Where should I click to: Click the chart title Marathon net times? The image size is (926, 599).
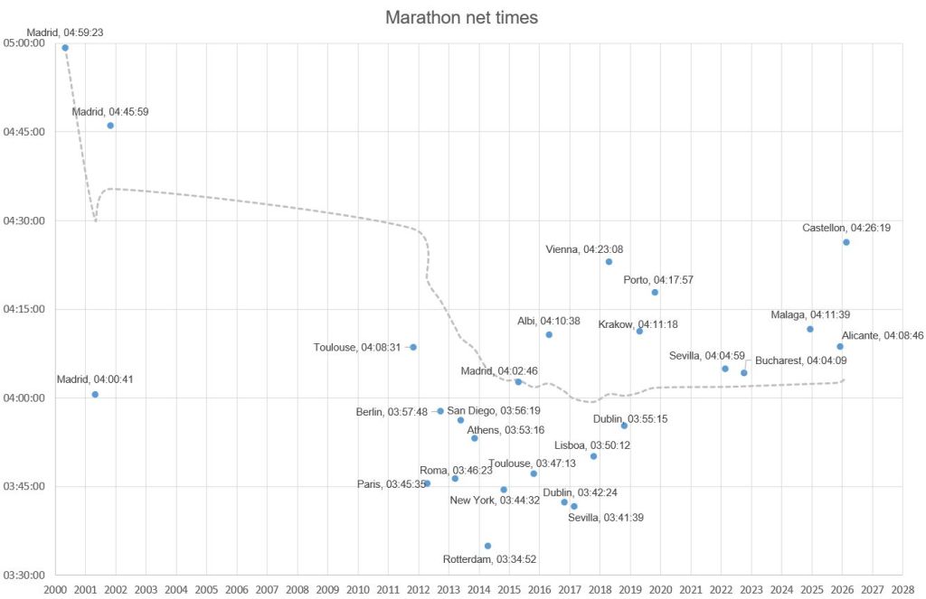pos(462,17)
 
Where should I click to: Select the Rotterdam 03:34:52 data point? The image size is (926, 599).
pos(488,546)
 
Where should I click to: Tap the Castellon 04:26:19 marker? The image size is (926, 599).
pos(846,242)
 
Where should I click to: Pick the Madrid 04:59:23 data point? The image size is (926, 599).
pos(65,48)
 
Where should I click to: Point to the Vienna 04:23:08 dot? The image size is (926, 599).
pos(609,262)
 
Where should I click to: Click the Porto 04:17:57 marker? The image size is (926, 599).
pos(655,293)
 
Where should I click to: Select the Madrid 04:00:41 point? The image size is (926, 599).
pos(95,395)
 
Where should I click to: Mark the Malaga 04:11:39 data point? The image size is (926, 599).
pos(810,329)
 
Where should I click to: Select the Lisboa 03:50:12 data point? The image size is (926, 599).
pos(593,456)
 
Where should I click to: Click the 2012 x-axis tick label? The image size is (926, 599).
pos(418,590)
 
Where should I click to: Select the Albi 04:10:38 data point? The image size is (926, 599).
pos(549,335)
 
